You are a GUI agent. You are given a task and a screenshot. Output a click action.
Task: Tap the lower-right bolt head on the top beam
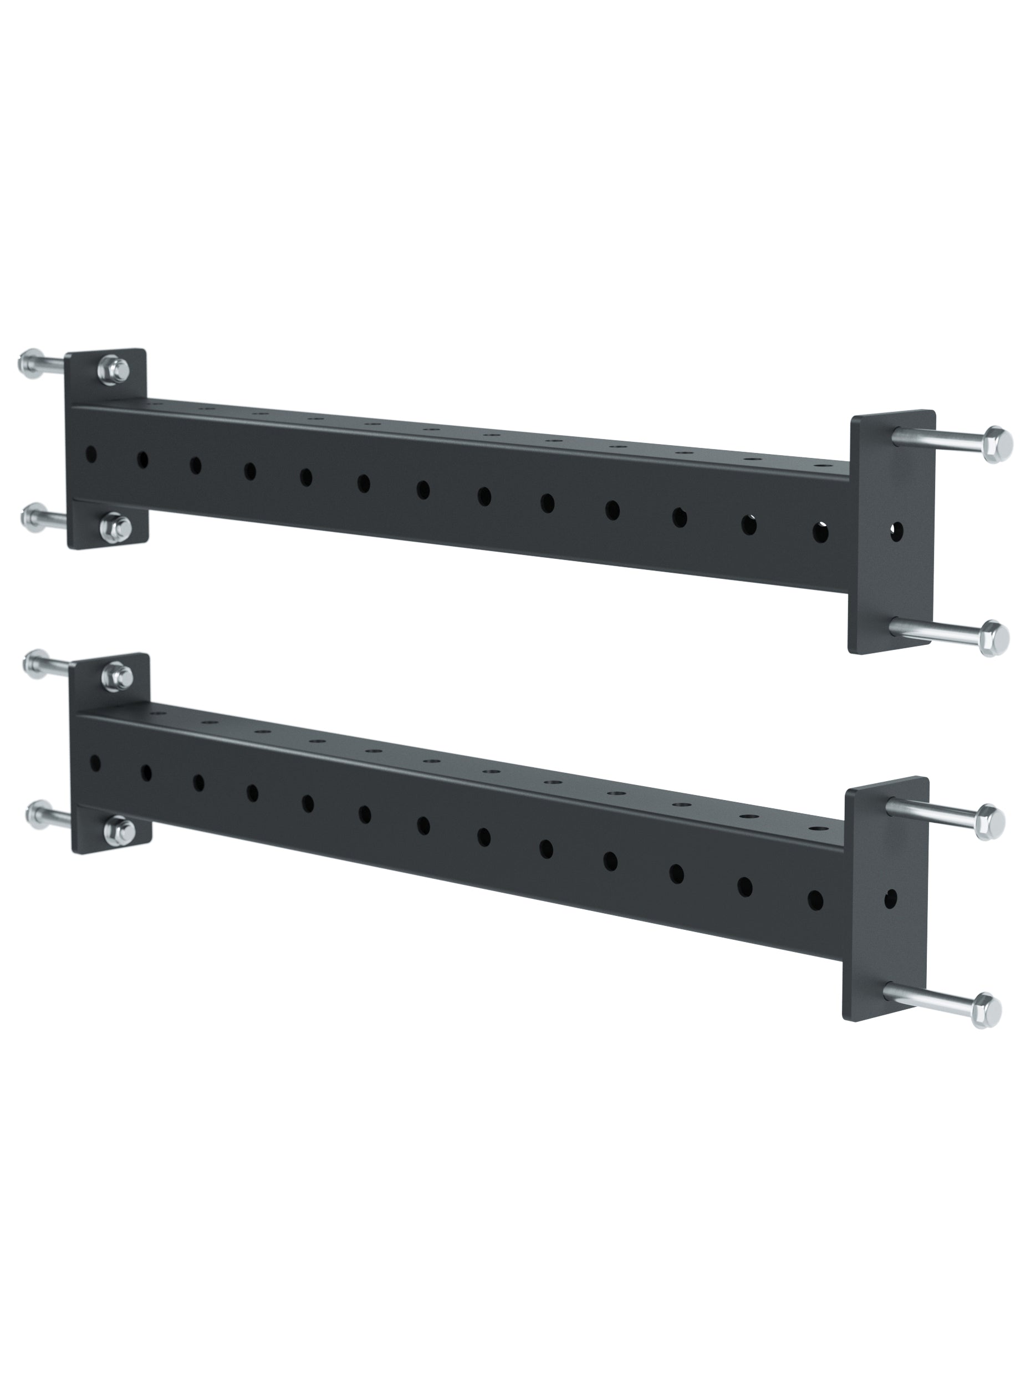click(994, 637)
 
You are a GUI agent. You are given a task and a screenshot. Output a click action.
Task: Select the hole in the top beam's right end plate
click(896, 530)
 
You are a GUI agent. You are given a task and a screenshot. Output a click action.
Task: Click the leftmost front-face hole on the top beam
click(91, 454)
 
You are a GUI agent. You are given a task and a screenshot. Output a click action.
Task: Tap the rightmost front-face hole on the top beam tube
click(820, 532)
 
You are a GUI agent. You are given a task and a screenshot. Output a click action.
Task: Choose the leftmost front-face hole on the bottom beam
click(96, 762)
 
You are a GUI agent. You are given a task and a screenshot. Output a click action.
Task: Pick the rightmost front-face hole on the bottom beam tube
click(815, 899)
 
